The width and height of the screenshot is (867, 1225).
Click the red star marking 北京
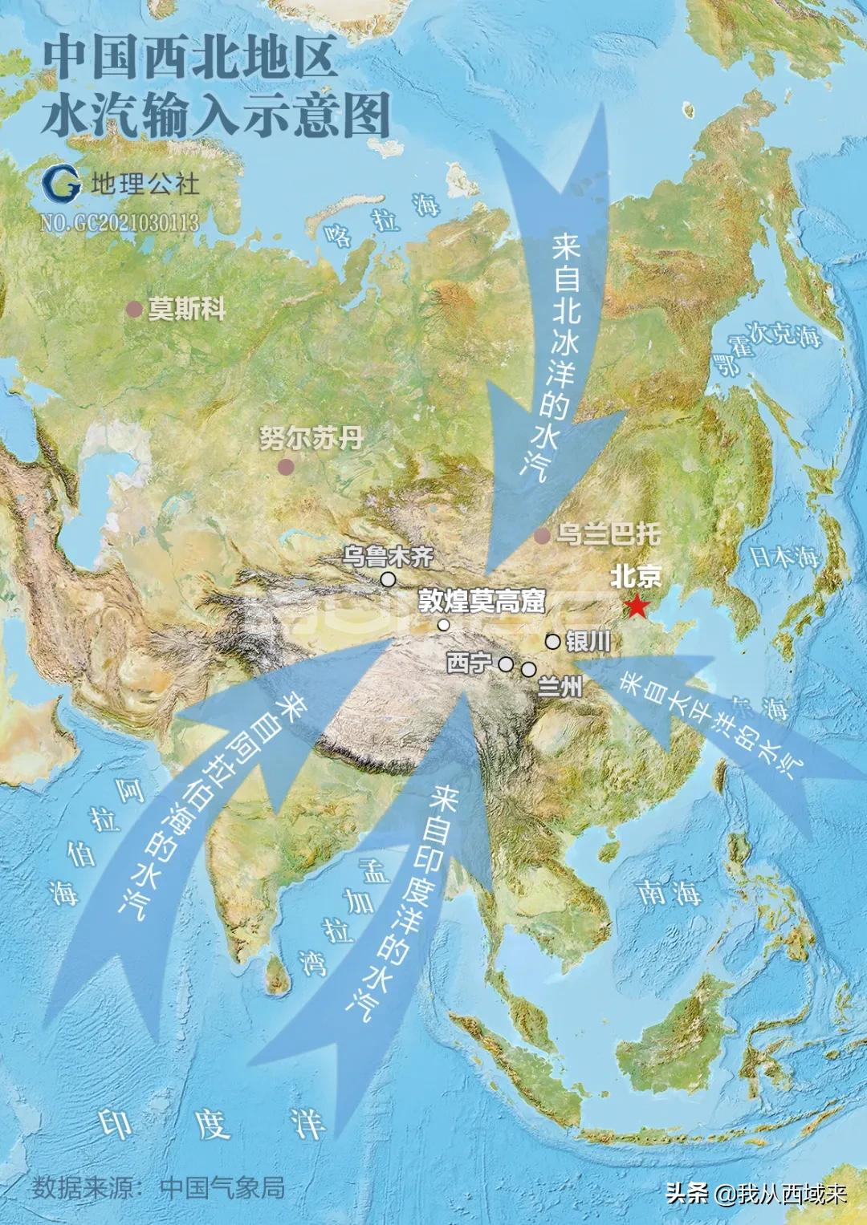tap(637, 606)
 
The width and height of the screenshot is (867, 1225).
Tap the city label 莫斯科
tap(186, 310)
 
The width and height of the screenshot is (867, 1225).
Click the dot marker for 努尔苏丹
tap(285, 466)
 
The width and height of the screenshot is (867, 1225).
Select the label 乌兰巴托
tap(608, 533)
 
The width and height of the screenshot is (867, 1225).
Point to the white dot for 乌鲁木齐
tap(389, 579)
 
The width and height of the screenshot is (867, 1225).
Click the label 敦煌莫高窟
tap(481, 601)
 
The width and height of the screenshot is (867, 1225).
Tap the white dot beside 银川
tap(553, 641)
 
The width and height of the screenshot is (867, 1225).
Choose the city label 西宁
tap(468, 663)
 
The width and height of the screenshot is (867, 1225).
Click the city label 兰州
tap(560, 686)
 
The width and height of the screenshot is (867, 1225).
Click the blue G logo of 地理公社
tap(62, 183)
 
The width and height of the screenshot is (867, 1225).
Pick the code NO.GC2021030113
tap(120, 222)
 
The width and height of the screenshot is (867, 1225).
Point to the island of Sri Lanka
tap(277, 971)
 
